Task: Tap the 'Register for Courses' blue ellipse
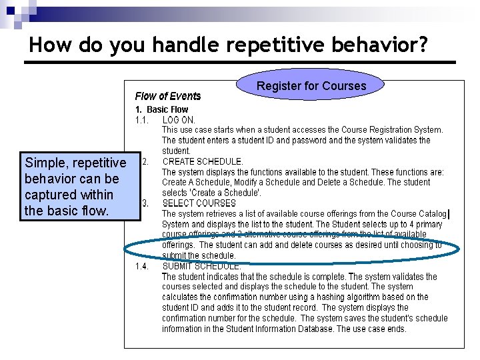point(311,86)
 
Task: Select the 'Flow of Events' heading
point(168,97)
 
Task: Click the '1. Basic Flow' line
point(162,109)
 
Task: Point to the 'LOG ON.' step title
point(179,119)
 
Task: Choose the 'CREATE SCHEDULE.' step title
point(203,161)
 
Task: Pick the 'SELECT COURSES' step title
point(199,203)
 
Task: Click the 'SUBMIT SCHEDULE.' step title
point(202,266)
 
